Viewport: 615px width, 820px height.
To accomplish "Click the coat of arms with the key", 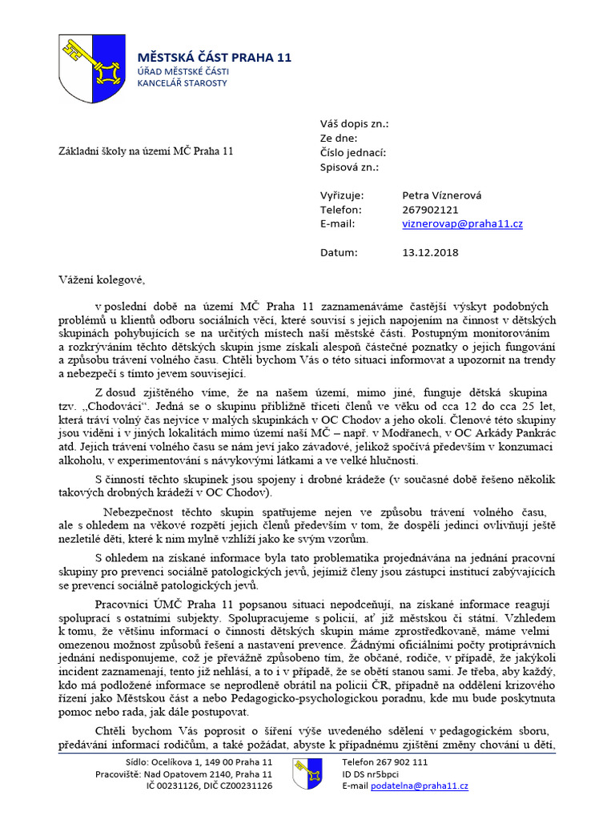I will click(x=93, y=68).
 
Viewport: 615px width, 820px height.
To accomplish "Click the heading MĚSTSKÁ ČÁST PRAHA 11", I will click(x=215, y=58).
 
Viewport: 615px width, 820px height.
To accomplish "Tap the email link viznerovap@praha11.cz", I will click(x=462, y=224).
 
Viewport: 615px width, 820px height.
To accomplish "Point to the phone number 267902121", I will click(x=430, y=210).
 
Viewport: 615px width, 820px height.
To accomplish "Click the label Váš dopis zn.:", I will click(x=354, y=124).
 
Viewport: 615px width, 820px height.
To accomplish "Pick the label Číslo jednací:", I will click(x=353, y=152).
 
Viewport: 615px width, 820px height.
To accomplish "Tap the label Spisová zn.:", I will click(x=349, y=167).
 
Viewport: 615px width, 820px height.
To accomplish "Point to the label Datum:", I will click(x=338, y=252).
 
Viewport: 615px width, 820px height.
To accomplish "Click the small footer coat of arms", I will click(x=307, y=774).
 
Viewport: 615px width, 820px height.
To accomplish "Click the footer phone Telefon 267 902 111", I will click(x=384, y=762).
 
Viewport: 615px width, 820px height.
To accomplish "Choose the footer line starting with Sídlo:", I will click(x=199, y=762).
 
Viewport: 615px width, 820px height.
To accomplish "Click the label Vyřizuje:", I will click(x=342, y=195).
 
